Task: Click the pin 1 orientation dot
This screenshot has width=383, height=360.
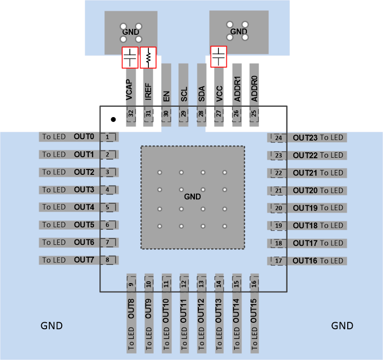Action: [113, 119]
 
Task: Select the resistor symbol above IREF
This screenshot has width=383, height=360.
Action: [148, 57]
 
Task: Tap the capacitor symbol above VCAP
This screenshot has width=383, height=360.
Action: [130, 57]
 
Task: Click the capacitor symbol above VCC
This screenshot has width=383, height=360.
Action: [218, 56]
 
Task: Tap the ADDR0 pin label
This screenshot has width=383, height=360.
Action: [254, 89]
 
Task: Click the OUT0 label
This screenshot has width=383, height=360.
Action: [84, 137]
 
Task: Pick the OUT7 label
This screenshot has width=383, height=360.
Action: [84, 260]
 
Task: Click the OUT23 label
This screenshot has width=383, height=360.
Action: [305, 138]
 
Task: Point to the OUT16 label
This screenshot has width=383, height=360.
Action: [305, 261]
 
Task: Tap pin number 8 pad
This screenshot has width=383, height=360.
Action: [108, 260]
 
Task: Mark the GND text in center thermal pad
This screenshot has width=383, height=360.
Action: [192, 196]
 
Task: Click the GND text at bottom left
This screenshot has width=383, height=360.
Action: [51, 326]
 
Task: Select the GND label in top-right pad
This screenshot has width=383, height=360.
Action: [239, 32]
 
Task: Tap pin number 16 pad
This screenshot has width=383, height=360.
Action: [254, 284]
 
